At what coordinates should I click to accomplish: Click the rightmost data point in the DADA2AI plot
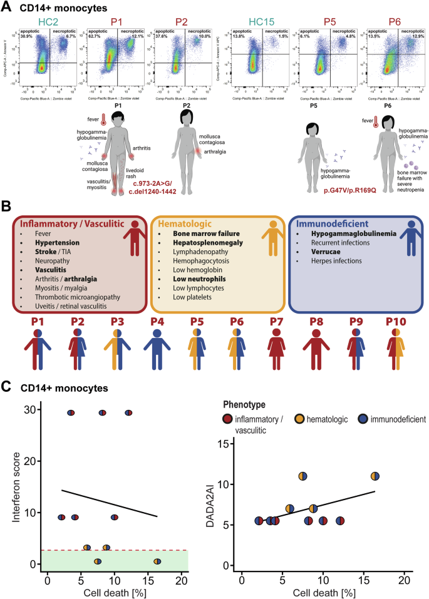pos(375,476)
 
